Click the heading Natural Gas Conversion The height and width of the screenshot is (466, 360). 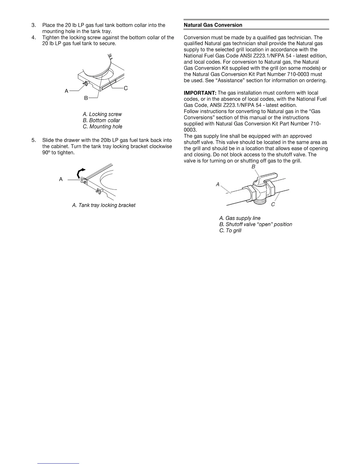[213, 25]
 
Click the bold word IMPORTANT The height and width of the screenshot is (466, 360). [200, 93]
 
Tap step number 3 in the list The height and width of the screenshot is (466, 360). [33, 25]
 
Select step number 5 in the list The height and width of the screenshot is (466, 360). [33, 140]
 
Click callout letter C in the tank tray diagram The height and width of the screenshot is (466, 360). [126, 88]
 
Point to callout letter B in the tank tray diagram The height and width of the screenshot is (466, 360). [86, 98]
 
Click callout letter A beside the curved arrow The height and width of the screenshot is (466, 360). [61, 179]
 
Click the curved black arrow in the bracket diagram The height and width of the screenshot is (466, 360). [80, 173]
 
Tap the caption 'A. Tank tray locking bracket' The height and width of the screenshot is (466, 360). [104, 205]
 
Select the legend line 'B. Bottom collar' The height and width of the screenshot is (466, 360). [101, 120]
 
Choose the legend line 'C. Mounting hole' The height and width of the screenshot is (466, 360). [102, 127]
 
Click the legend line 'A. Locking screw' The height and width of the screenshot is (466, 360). [102, 114]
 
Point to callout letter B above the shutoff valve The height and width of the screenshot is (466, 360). [253, 167]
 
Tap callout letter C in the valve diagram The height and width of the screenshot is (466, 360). [273, 204]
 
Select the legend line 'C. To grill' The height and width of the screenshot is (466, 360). [230, 231]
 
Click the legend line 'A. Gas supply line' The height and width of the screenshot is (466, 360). [240, 218]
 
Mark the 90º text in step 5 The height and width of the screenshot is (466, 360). [46, 153]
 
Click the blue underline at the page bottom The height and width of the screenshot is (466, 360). [58, 463]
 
